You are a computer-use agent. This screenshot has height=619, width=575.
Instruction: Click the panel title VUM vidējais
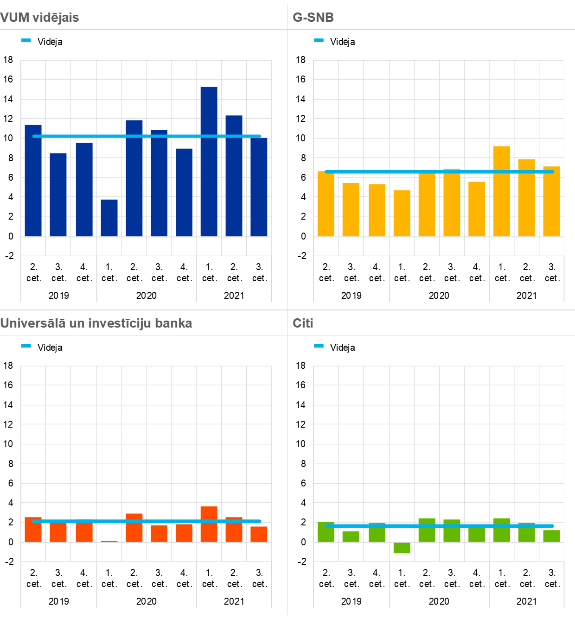click(x=39, y=18)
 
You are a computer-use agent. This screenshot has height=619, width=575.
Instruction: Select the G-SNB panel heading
click(x=313, y=18)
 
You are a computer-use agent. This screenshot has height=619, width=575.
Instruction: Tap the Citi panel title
click(x=303, y=323)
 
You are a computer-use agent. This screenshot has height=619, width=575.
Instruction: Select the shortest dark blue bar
click(x=109, y=218)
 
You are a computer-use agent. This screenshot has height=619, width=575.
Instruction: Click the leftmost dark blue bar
click(x=33, y=181)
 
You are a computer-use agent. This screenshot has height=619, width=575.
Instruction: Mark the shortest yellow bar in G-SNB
click(x=402, y=213)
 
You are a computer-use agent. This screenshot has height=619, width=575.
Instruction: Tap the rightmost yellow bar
click(x=551, y=202)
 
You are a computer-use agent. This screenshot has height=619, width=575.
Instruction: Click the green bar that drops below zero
click(x=402, y=547)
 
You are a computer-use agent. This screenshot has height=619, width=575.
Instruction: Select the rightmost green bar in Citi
click(x=551, y=536)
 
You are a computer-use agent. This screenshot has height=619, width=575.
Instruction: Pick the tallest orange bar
click(x=209, y=524)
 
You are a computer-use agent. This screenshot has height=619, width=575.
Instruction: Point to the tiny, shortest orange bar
click(x=109, y=541)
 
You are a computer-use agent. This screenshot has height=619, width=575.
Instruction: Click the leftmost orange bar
click(x=33, y=530)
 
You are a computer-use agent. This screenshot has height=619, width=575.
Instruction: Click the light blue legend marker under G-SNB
click(x=319, y=40)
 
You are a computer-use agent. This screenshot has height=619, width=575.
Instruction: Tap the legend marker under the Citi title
click(x=319, y=346)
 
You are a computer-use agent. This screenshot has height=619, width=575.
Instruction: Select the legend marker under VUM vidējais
click(x=26, y=40)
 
